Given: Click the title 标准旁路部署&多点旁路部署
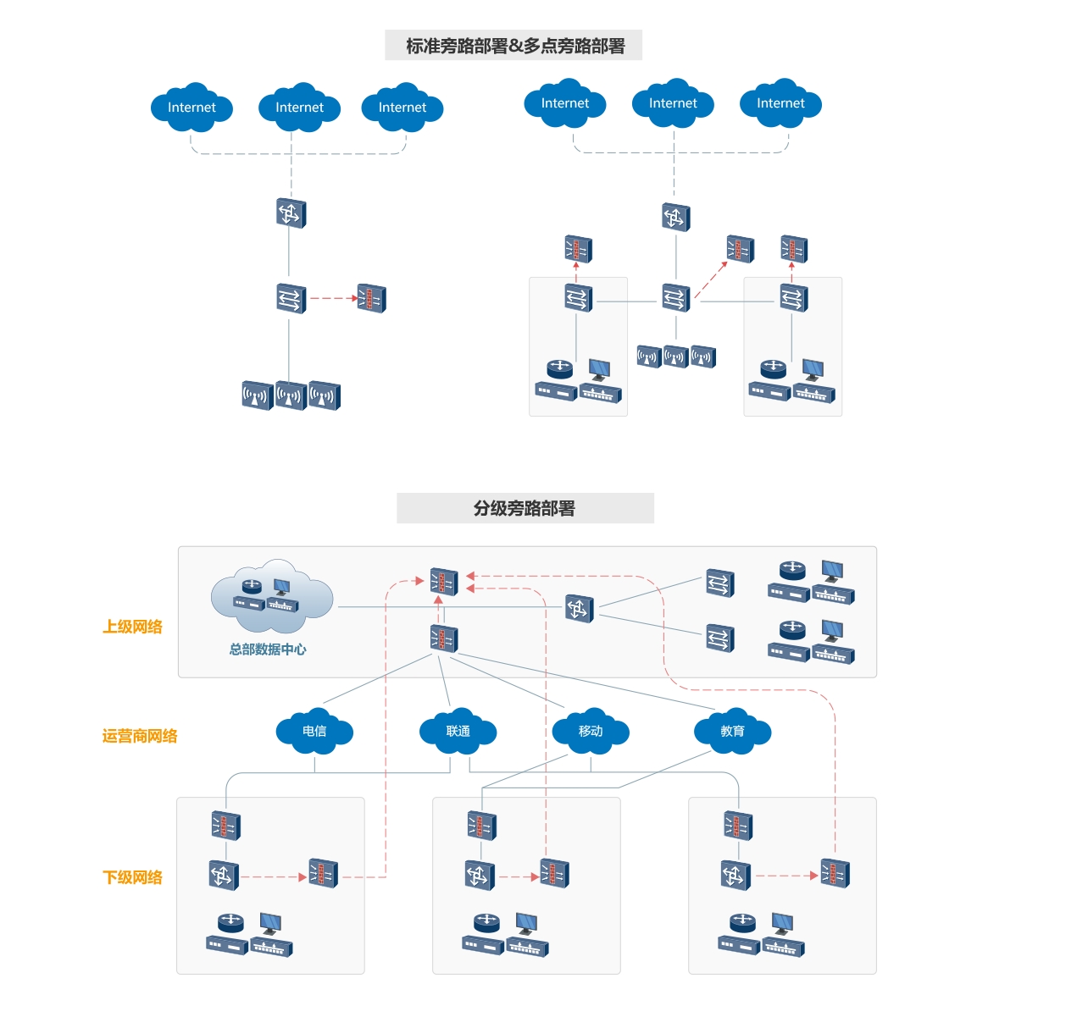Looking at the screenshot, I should coord(514,46).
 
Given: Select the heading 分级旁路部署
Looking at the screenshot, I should coord(525,508).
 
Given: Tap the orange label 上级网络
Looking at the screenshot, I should coord(132,627).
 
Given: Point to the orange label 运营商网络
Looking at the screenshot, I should coord(140,736).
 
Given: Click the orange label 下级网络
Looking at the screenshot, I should coord(132,877).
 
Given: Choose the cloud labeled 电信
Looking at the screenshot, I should coord(314,731).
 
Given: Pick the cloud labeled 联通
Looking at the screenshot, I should coord(458,731).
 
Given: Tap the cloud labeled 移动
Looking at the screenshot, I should coord(591,731).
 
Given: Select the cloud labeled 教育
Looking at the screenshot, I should coord(732,731).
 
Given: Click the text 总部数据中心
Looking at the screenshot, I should coord(268,649).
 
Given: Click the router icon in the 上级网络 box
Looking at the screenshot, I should coord(580,608).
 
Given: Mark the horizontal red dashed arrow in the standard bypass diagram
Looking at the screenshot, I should coord(333,298).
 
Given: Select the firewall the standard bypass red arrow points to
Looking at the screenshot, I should coord(371,298).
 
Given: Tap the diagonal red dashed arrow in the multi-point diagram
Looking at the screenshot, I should coord(711,279).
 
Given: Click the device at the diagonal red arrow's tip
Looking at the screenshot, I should coord(740,249).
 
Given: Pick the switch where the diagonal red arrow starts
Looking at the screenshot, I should coord(676,298).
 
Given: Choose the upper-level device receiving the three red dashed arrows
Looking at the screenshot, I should coord(443,581).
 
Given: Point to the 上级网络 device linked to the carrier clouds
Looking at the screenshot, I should coord(443,638).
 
